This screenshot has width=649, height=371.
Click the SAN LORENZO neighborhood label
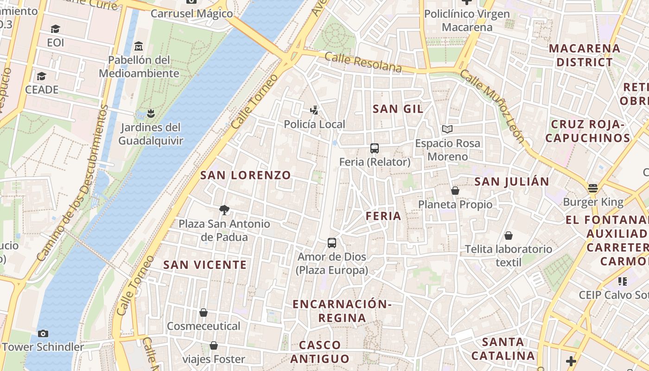(x=245, y=175)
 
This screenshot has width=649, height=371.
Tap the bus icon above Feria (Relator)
(x=375, y=148)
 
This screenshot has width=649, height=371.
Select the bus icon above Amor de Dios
(x=332, y=243)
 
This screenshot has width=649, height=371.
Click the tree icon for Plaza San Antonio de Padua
(x=224, y=210)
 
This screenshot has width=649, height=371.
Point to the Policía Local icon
(x=314, y=110)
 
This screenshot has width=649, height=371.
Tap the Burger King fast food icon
(x=593, y=188)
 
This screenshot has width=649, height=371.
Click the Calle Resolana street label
(x=363, y=62)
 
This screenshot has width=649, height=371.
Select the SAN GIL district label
(x=398, y=109)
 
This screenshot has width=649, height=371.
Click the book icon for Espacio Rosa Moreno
(x=447, y=129)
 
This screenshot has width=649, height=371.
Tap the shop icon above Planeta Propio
(x=455, y=191)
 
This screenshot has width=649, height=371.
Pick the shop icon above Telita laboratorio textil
(x=509, y=236)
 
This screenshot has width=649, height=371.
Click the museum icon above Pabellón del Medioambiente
(x=139, y=46)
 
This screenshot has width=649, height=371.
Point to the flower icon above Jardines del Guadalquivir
(x=150, y=113)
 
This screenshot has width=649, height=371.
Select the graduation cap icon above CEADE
(x=42, y=76)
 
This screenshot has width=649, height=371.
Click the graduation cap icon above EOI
(x=55, y=29)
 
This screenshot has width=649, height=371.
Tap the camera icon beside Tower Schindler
(x=43, y=333)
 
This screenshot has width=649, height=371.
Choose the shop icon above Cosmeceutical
(x=203, y=313)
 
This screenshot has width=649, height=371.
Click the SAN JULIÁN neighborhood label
(x=512, y=181)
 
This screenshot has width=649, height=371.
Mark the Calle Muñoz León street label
(x=493, y=106)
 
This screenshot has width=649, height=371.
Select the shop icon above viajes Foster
(x=214, y=345)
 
